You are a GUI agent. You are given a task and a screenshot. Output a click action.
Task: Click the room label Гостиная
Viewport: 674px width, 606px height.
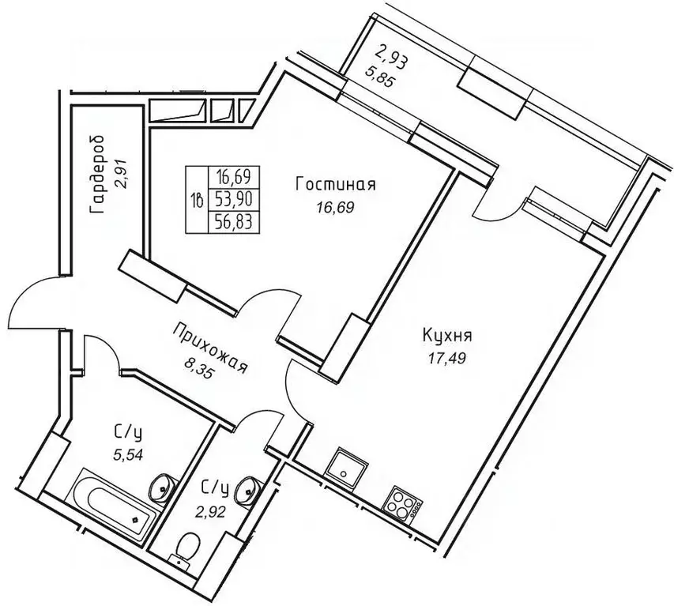pos(335,185)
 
